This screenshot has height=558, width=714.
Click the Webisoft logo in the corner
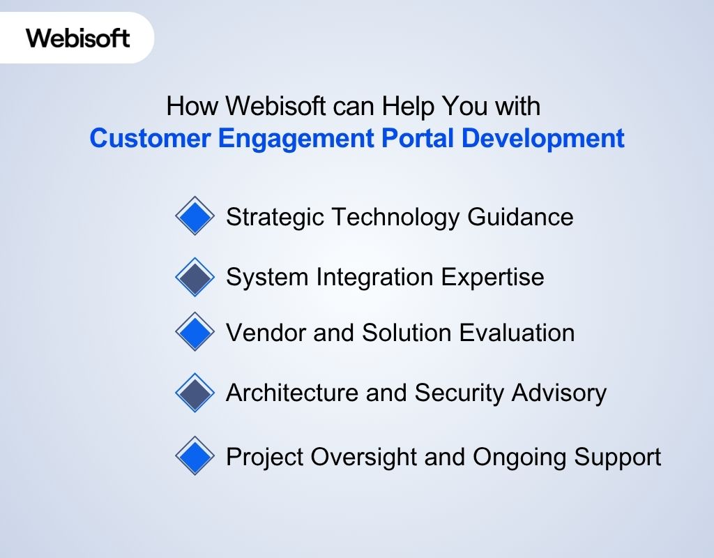78,37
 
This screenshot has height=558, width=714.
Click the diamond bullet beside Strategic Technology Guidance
195,217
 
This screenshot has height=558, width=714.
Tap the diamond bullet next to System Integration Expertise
195,278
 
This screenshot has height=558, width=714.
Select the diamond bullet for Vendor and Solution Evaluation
195,333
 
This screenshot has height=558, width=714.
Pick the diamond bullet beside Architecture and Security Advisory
195,393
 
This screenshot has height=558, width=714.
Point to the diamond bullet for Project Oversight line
195,458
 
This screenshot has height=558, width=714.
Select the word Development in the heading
543,138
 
